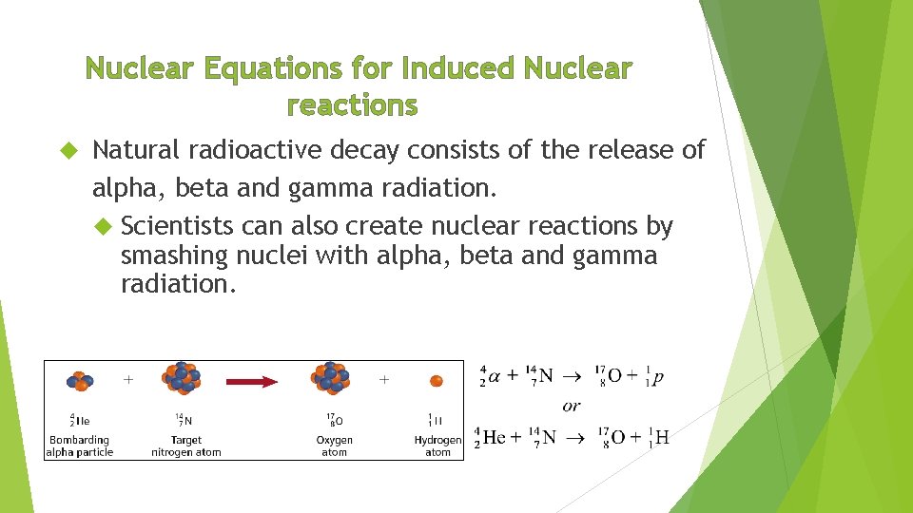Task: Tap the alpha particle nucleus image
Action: [x=79, y=381]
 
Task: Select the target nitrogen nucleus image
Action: [x=184, y=378]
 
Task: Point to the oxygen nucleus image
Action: [x=330, y=378]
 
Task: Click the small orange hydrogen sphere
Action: [x=437, y=381]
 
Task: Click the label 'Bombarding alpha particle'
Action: [x=79, y=446]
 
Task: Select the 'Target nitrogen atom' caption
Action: [x=186, y=446]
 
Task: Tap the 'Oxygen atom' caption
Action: [x=334, y=446]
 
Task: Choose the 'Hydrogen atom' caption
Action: [x=437, y=446]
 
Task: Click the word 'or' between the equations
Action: [x=571, y=407]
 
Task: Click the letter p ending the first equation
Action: [x=658, y=376]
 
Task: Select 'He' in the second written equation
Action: [x=495, y=437]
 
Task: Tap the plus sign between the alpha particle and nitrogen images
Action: [x=128, y=379]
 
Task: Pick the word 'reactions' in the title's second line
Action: [x=352, y=104]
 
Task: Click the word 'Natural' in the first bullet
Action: [x=137, y=150]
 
